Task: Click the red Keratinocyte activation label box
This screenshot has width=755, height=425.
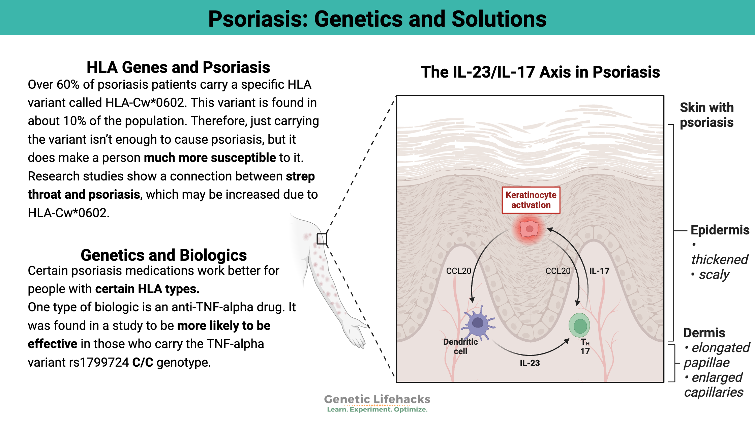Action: point(531,200)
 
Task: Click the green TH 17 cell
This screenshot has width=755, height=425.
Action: point(579,325)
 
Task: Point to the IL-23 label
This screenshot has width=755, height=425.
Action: point(530,363)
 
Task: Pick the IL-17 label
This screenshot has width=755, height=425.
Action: point(599,271)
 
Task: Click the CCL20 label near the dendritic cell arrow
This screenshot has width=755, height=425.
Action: point(458,271)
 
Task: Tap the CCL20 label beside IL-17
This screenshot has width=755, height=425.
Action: point(558,271)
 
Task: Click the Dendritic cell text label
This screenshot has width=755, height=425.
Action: point(460,346)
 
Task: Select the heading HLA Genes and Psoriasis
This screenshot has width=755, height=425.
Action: point(178,67)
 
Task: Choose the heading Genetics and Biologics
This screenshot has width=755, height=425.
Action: point(164,255)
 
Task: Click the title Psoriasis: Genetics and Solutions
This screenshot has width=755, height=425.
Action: point(377,19)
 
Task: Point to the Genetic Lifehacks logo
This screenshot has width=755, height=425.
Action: point(377,403)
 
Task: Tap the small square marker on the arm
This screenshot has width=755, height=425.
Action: point(322,239)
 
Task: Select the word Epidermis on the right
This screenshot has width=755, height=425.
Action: point(720,230)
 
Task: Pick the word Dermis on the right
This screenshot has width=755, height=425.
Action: point(704,333)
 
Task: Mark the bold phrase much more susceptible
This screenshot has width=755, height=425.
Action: point(210,158)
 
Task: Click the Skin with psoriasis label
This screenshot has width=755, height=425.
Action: point(707,115)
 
